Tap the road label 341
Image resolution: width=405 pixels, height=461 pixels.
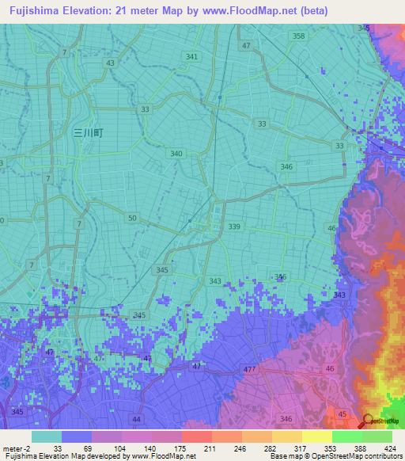(x=191, y=57)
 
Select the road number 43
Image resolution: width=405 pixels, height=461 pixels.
(x=110, y=63)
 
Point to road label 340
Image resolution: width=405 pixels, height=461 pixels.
(x=176, y=154)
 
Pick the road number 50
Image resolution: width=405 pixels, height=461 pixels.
(x=132, y=218)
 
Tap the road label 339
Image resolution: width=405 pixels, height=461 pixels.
(x=234, y=227)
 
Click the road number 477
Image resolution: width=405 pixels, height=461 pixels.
(x=250, y=369)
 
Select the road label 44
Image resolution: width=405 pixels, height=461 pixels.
(x=136, y=418)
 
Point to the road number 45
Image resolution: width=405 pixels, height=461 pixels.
(x=343, y=413)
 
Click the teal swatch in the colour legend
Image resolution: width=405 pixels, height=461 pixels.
(x=47, y=436)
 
